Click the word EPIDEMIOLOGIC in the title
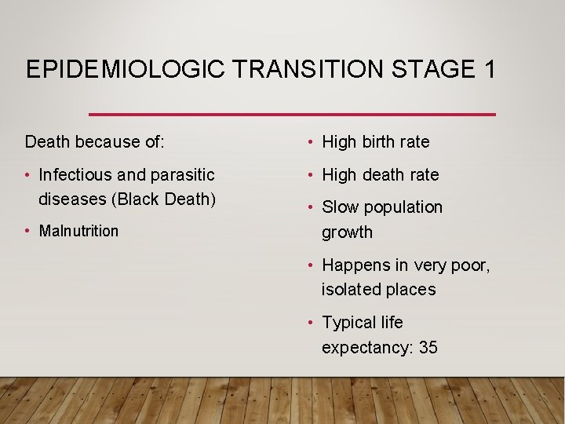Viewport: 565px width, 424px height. pyautogui.click(x=126, y=70)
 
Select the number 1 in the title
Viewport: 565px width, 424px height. pyautogui.click(x=489, y=70)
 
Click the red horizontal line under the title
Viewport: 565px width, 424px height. pyautogui.click(x=292, y=115)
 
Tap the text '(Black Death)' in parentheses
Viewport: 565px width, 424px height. pyautogui.click(x=165, y=199)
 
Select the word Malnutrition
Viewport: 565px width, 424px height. pyautogui.click(x=78, y=231)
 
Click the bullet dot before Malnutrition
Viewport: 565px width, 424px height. pyautogui.click(x=28, y=231)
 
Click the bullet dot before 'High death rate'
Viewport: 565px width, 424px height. pyautogui.click(x=312, y=175)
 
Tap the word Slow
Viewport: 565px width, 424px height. pyautogui.click(x=341, y=207)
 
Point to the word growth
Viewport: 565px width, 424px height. pyautogui.click(x=347, y=232)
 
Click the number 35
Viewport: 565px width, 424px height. pyautogui.click(x=428, y=347)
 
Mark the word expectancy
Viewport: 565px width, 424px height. pyautogui.click(x=366, y=348)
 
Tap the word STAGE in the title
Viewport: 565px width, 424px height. pyautogui.click(x=427, y=70)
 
